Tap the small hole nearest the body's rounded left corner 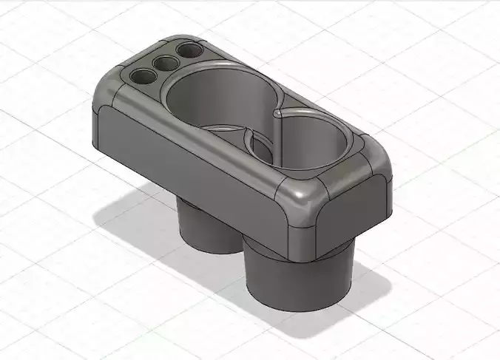coord(139,75)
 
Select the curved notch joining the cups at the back coord(279,113)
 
